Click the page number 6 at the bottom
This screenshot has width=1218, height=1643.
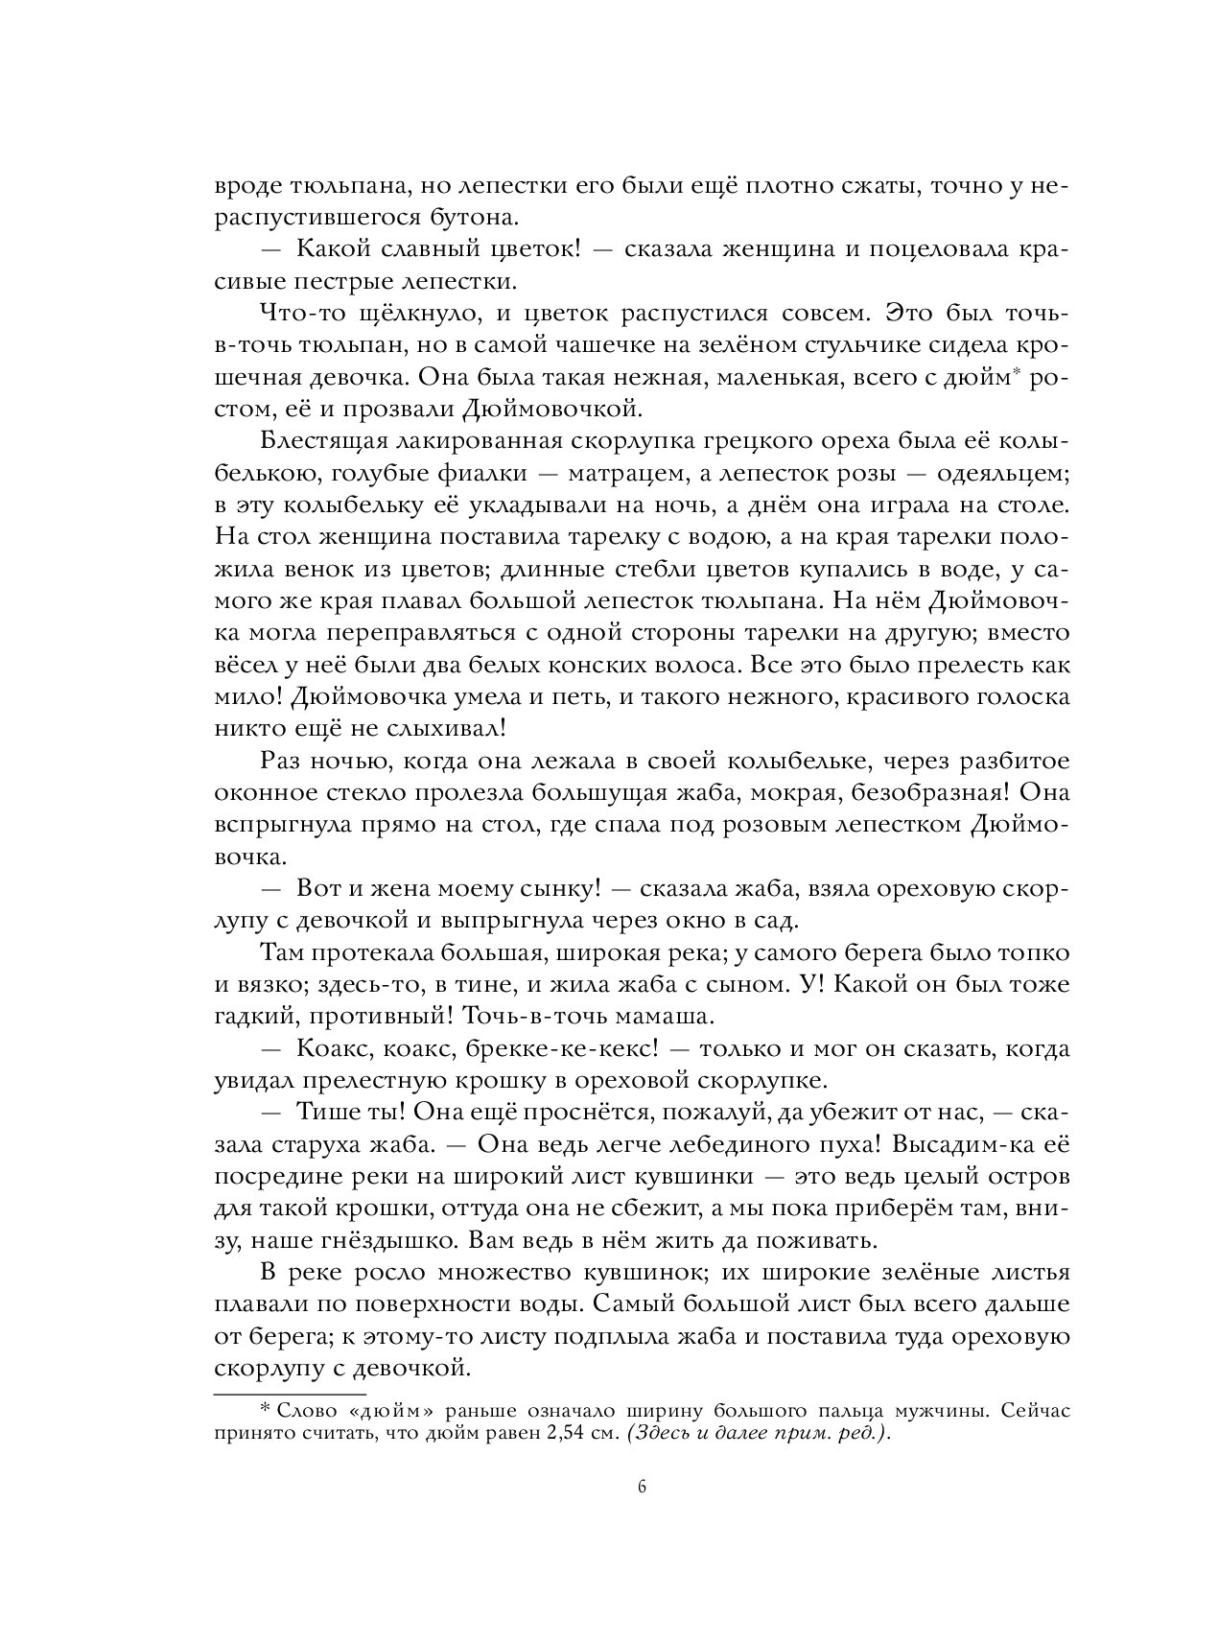(642, 1515)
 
